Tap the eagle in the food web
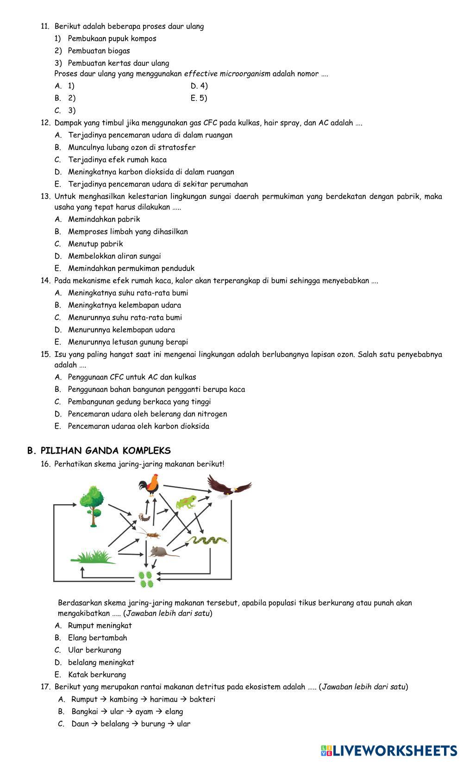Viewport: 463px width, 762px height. pos(228,486)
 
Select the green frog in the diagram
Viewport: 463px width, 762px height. pos(186,502)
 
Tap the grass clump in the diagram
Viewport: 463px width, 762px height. pos(95,557)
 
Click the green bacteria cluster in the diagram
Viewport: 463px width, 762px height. pos(146,578)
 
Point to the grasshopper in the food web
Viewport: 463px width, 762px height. pos(151,535)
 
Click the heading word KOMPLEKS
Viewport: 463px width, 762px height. pos(147,451)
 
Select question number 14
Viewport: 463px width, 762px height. pos(45,280)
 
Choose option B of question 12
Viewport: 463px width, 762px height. pos(131,148)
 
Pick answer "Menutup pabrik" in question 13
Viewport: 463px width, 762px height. pos(95,244)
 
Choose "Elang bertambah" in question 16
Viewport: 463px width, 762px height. pos(97,638)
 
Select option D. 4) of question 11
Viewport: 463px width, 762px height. pos(199,86)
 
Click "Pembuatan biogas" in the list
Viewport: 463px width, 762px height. pos(99,51)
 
